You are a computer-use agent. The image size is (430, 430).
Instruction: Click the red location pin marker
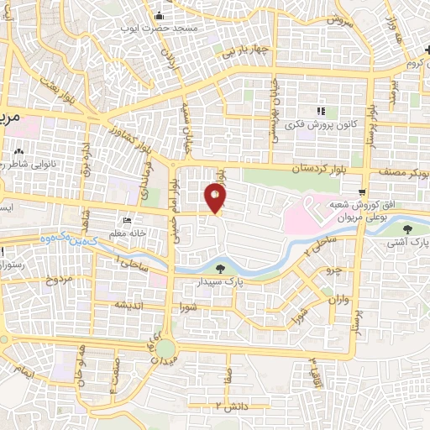[216, 198]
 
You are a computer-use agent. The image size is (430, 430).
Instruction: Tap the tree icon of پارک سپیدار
[220, 269]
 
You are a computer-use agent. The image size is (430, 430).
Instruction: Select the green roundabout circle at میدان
[165, 348]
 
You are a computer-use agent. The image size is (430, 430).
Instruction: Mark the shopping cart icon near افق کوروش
[362, 192]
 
